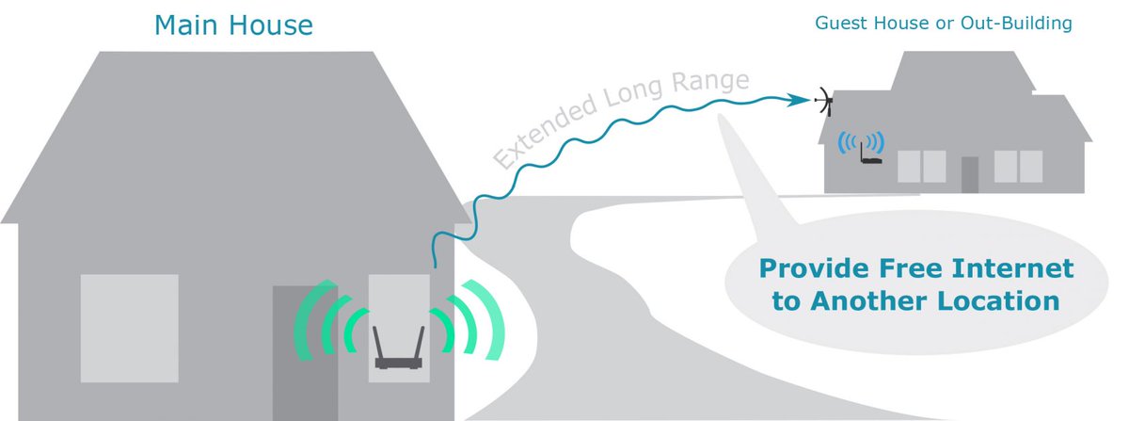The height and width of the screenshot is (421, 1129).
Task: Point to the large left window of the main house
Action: pos(129,328)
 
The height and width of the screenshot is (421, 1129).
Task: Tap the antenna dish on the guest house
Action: pos(824,100)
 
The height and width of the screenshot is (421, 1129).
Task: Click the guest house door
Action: pos(970,173)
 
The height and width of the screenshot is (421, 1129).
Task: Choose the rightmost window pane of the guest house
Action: pos(1030,166)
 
